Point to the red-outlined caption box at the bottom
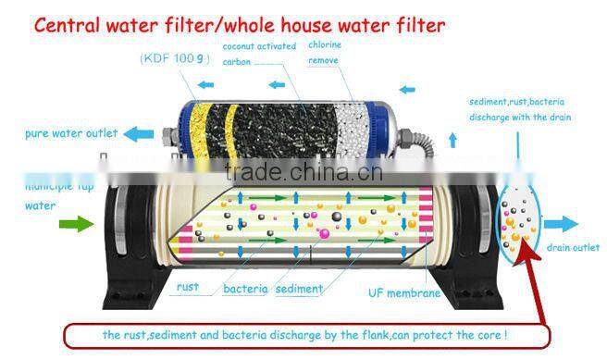tap(306, 333)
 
